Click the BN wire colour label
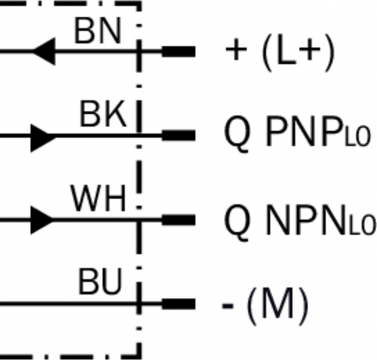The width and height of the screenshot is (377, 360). click(x=98, y=31)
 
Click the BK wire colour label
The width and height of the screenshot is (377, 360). click(x=104, y=115)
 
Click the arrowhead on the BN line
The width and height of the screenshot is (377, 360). click(x=44, y=50)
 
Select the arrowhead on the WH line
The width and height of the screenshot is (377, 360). click(x=42, y=220)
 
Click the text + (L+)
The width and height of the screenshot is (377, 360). click(x=279, y=53)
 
